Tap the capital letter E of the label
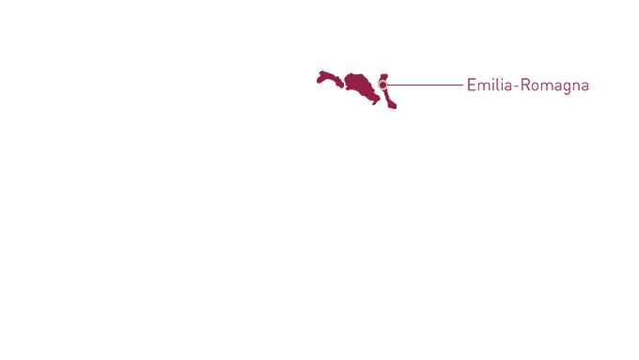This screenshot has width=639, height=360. coord(472,86)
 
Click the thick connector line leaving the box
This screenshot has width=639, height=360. coord(423,86)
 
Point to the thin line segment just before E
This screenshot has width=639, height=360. coord(457,86)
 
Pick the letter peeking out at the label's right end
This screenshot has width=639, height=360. coord(585,86)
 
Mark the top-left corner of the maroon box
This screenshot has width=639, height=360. coord(318,71)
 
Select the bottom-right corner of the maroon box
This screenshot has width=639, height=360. coord(396,108)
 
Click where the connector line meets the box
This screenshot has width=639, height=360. coord(397,86)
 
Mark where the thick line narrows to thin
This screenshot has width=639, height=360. coord(451,86)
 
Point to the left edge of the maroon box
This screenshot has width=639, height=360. coord(318,90)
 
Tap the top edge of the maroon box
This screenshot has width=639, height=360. coord(356,71)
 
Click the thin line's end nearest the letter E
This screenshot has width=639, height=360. coord(462,86)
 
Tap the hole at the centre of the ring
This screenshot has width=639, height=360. coord(383,86)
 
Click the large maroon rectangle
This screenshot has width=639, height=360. coord(348,90)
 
